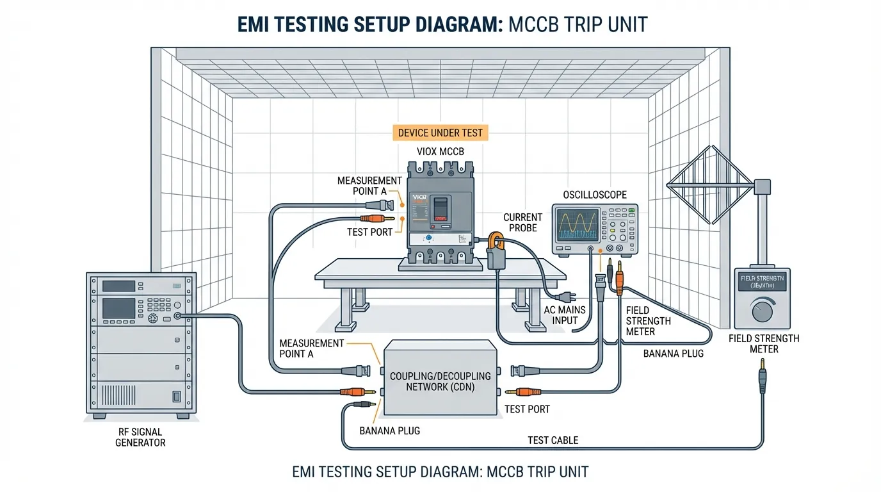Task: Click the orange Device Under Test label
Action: click(x=440, y=133)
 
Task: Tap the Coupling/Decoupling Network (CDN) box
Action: click(x=440, y=378)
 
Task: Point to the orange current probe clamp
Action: click(x=497, y=242)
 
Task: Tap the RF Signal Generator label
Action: click(x=140, y=436)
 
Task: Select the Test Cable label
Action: click(x=553, y=440)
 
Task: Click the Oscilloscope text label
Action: click(x=595, y=194)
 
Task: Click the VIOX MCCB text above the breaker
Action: click(x=440, y=152)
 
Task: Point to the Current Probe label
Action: click(x=522, y=222)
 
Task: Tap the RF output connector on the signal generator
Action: click(x=177, y=316)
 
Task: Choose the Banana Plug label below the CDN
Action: click(x=389, y=430)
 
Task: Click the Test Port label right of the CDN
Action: click(x=527, y=409)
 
